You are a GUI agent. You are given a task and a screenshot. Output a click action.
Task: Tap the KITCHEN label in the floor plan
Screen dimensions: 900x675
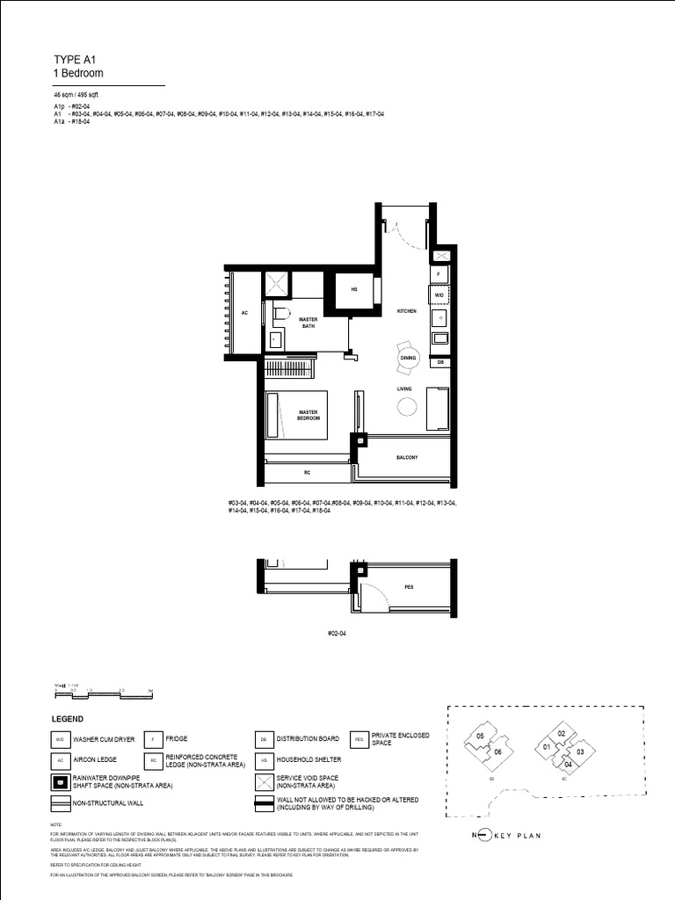click(405, 312)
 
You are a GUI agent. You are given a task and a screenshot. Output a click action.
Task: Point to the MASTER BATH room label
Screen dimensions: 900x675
click(308, 323)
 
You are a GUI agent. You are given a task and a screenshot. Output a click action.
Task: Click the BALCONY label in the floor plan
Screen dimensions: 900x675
click(405, 458)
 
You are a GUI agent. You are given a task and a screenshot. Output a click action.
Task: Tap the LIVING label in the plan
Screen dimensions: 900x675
click(404, 388)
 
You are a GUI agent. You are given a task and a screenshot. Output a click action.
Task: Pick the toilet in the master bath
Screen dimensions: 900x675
click(279, 313)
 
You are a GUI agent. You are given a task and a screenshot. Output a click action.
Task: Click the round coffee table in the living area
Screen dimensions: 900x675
click(406, 407)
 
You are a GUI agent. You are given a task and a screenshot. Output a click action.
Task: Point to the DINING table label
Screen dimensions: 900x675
click(408, 358)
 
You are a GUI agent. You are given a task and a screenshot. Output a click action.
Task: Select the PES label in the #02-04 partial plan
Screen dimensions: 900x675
click(409, 586)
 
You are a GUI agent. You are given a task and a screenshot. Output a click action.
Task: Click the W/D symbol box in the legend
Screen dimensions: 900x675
click(61, 740)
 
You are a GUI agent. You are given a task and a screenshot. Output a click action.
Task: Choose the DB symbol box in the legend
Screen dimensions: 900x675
click(263, 740)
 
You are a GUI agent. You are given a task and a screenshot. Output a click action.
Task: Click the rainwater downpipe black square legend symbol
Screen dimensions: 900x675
click(61, 781)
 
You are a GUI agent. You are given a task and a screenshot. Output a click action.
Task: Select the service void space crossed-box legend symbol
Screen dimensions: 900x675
click(263, 781)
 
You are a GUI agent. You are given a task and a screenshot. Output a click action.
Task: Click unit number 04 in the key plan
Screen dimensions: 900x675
click(568, 765)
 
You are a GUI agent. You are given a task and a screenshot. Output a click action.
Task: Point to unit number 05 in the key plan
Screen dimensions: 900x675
click(480, 736)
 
